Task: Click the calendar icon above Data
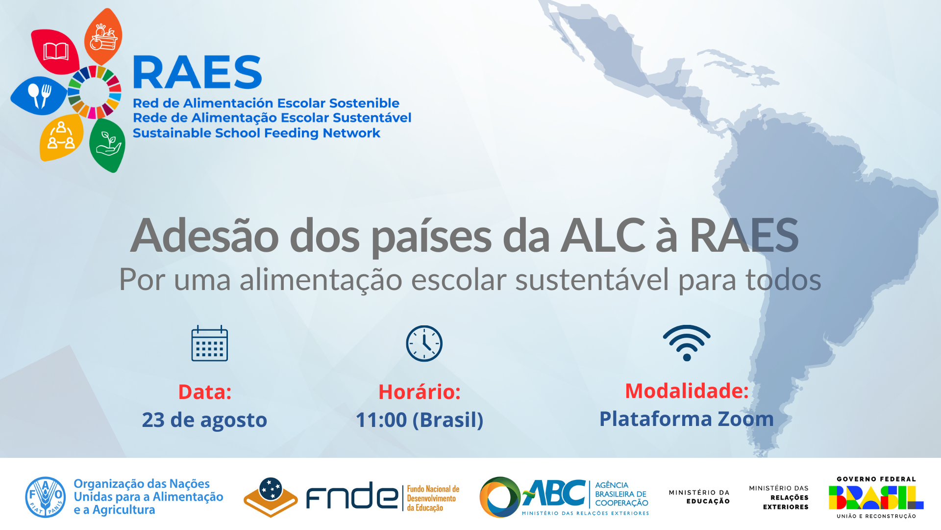[209, 344]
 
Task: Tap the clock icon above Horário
[424, 344]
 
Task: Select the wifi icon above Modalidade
[687, 343]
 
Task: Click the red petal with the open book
[55, 51]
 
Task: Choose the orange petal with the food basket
[103, 37]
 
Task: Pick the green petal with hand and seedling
[107, 145]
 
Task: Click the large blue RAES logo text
[198, 72]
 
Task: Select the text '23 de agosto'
[204, 420]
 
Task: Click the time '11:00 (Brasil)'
[420, 420]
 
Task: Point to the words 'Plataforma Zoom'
[687, 419]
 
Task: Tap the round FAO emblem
[46, 497]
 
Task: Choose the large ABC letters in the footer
[554, 493]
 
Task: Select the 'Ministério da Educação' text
[699, 497]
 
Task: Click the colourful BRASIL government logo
[876, 497]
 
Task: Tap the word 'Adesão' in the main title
[205, 236]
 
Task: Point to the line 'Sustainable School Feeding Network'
[256, 133]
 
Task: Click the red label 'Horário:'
[420, 392]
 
